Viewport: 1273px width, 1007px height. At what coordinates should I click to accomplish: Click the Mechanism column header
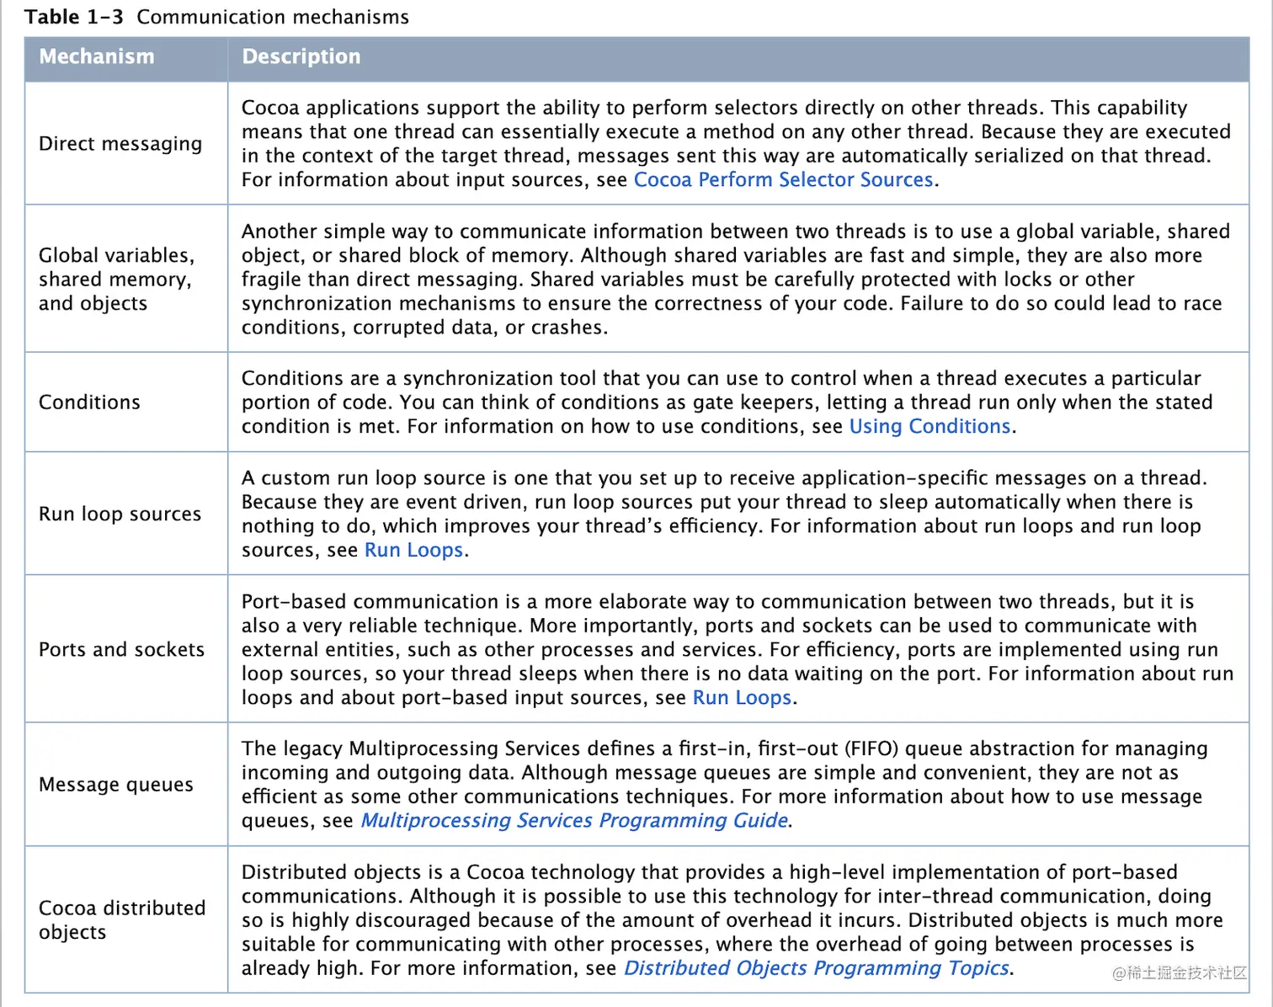[x=97, y=56]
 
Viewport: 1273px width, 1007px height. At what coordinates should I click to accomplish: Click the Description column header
[x=301, y=56]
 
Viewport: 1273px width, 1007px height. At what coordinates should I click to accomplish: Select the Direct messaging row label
[x=120, y=144]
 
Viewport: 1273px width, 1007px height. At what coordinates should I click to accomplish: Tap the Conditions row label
[x=89, y=402]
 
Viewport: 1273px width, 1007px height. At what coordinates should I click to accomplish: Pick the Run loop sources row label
[x=120, y=514]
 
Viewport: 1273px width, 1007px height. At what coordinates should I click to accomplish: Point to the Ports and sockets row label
[x=121, y=650]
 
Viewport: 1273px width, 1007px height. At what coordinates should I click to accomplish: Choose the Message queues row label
[x=116, y=785]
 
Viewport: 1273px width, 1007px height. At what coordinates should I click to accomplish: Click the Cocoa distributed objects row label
[x=121, y=919]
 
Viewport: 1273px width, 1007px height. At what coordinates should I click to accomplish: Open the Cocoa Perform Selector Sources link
[x=783, y=180]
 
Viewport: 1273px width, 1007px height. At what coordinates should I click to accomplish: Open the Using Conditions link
[x=929, y=427]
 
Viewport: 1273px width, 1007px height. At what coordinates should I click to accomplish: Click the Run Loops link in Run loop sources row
[x=413, y=551]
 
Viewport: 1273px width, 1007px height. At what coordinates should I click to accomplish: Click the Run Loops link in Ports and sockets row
[x=742, y=698]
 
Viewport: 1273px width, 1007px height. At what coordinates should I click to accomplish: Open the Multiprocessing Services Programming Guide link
[x=574, y=821]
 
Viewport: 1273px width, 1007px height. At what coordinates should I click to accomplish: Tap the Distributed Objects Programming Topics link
[x=816, y=968]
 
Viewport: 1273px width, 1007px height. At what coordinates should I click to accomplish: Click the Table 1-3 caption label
[x=216, y=17]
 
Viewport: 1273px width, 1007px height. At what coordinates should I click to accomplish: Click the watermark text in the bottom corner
[x=1178, y=973]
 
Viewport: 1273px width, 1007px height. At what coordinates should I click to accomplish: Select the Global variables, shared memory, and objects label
[x=116, y=280]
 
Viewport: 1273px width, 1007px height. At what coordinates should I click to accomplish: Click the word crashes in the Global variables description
[x=569, y=328]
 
